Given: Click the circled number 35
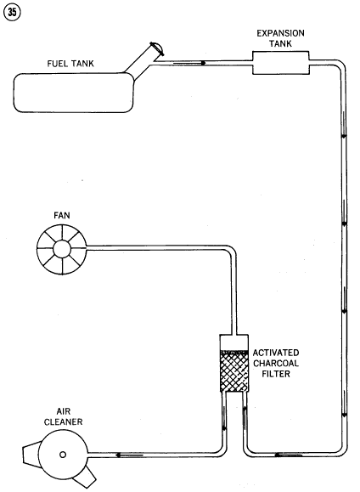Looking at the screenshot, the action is coord(12,12).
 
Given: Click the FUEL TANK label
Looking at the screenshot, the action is coord(70,64).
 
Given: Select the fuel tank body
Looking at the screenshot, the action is coord(74,93).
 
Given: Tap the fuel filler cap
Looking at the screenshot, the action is coord(157,48).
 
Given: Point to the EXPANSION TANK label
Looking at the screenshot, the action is coord(280,38).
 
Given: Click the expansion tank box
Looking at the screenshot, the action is coord(281,63).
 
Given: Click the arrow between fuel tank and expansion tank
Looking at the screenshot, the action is coord(189,63).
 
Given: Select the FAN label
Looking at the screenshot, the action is coord(62,216).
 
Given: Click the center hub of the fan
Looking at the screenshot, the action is coord(61,249).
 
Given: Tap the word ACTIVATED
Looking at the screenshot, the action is coord(276,353).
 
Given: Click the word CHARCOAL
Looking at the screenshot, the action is coord(276,364).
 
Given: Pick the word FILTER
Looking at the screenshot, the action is coord(276,374).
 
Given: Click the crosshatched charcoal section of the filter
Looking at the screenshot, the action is coord(234,371).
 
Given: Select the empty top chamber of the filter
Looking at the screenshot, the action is coord(234,342).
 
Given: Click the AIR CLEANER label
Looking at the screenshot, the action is coord(64,416).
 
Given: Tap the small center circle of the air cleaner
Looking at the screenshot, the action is coord(63,454).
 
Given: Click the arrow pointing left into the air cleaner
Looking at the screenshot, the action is coord(129,455).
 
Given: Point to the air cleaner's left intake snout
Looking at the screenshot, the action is coord(31,454).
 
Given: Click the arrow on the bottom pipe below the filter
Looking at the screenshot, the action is coord(289,455).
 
